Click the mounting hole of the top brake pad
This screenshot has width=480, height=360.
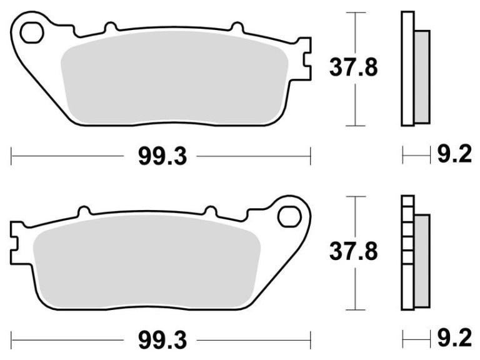pyautogui.click(x=31, y=33)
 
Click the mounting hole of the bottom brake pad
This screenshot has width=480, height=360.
pyautogui.click(x=289, y=216)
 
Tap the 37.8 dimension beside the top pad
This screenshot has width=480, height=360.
pyautogui.click(x=354, y=68)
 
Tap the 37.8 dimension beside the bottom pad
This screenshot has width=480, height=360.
pyautogui.click(x=354, y=252)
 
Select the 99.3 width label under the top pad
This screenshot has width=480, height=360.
pyautogui.click(x=162, y=157)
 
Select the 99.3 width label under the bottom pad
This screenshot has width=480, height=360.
pyautogui.click(x=162, y=341)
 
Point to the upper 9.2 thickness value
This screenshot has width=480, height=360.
pyautogui.click(x=454, y=154)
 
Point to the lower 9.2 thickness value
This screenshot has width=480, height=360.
pyautogui.click(x=454, y=338)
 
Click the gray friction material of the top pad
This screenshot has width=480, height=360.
pyautogui.click(x=175, y=78)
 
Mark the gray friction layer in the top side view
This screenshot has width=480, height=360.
pyautogui.click(x=422, y=76)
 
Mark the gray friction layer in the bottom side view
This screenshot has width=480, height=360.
pyautogui.click(x=422, y=260)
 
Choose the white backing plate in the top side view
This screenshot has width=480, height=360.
pyautogui.click(x=407, y=69)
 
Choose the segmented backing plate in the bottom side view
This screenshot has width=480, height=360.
pyautogui.click(x=407, y=253)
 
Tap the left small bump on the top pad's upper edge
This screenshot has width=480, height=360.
pyautogui.click(x=111, y=27)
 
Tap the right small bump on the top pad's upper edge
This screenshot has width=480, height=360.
pyautogui.click(x=237, y=27)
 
